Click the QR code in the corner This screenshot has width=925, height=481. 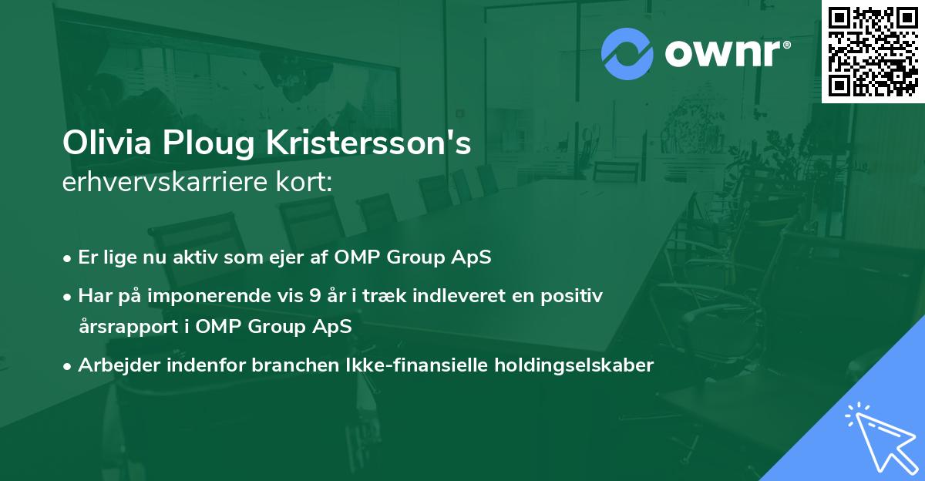tap(873, 51)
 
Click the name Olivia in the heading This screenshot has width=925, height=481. tap(106, 143)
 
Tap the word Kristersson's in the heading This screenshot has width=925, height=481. tap(368, 143)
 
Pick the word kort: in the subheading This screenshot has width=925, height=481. tap(306, 183)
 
